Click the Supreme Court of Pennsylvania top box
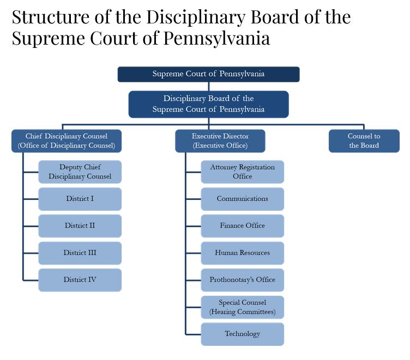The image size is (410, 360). pyautogui.click(x=208, y=74)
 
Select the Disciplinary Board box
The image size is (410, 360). pyautogui.click(x=208, y=104)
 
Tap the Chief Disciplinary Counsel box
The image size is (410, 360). pyautogui.click(x=67, y=141)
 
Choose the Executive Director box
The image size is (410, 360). pyautogui.click(x=220, y=141)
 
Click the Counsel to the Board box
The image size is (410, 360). pyautogui.click(x=364, y=141)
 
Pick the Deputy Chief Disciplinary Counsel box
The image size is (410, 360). pyautogui.click(x=80, y=172)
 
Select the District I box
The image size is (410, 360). pyautogui.click(x=80, y=199)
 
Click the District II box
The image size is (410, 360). pyautogui.click(x=80, y=226)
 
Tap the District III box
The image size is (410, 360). pyautogui.click(x=80, y=253)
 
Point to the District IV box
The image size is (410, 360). pyautogui.click(x=80, y=280)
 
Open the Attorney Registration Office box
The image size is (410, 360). pyautogui.click(x=243, y=172)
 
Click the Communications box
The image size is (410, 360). pyautogui.click(x=243, y=199)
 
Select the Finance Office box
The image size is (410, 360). pyautogui.click(x=243, y=226)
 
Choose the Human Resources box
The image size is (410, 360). pyautogui.click(x=243, y=253)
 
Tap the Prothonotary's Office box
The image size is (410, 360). pyautogui.click(x=243, y=280)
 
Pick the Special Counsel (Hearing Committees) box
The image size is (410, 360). pyautogui.click(x=243, y=307)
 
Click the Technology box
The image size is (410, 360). pyautogui.click(x=243, y=334)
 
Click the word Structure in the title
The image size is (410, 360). pyautogui.click(x=51, y=17)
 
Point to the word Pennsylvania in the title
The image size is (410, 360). pyautogui.click(x=216, y=39)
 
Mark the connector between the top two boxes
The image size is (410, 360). pyautogui.click(x=209, y=87)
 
